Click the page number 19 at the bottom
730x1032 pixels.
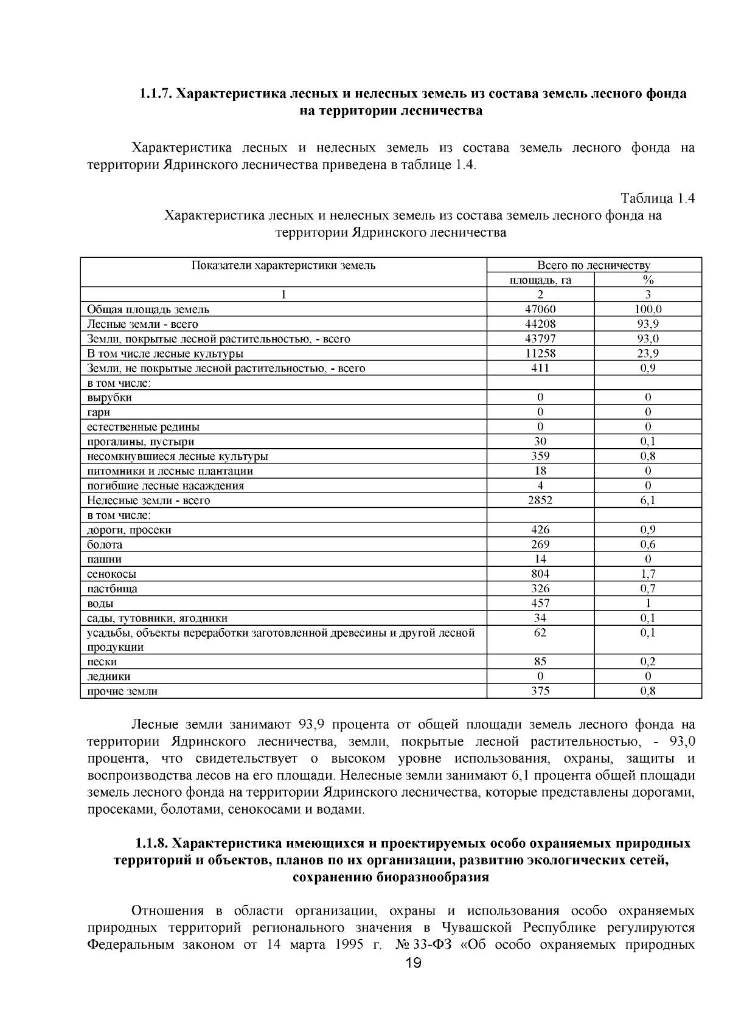[413, 963]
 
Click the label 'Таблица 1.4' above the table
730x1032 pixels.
[657, 198]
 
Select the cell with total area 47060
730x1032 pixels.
[540, 309]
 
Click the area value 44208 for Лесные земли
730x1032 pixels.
[540, 324]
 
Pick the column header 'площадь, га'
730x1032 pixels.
[540, 280]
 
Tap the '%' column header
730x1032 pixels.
[648, 280]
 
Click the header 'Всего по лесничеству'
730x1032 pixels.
[594, 265]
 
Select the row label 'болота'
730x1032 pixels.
[105, 544]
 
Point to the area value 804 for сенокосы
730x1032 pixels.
[540, 573]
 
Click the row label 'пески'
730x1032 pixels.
[102, 662]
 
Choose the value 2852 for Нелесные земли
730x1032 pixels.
[540, 500]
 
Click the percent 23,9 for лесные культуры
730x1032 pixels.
[648, 353]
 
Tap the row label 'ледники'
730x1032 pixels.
[109, 676]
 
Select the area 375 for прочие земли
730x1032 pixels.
[540, 691]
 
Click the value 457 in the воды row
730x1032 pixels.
[540, 603]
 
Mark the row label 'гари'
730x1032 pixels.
[99, 412]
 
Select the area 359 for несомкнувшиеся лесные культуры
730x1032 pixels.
[540, 456]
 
